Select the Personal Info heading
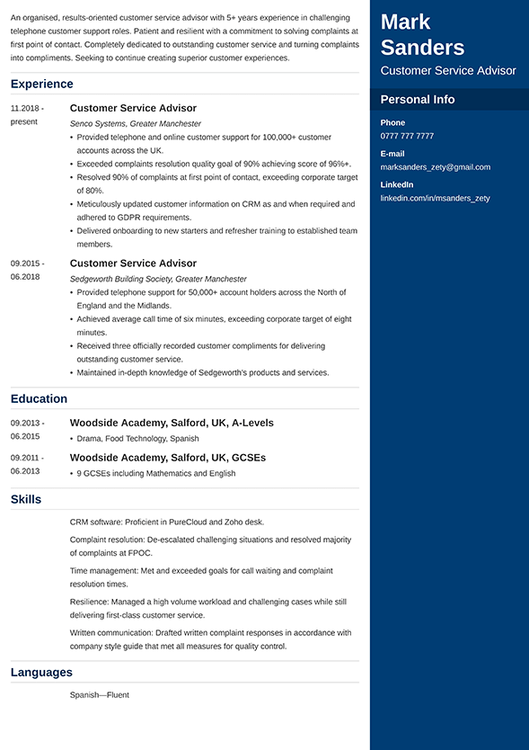click(x=418, y=100)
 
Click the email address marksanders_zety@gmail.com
click(x=436, y=167)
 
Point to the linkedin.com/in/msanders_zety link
click(x=435, y=198)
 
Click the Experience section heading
click(x=41, y=85)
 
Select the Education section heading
click(x=39, y=399)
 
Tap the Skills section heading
click(x=26, y=500)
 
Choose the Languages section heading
click(x=41, y=673)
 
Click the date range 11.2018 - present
click(x=27, y=114)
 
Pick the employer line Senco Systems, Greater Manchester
click(x=136, y=124)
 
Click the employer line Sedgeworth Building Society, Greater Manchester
click(x=158, y=280)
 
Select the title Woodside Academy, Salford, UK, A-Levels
click(x=172, y=423)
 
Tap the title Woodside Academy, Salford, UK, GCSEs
click(x=168, y=458)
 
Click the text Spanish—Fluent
click(x=100, y=695)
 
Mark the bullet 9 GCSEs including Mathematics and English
click(x=156, y=474)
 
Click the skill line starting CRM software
click(x=167, y=522)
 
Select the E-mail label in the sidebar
click(x=392, y=154)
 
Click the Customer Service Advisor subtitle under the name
click(x=448, y=71)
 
